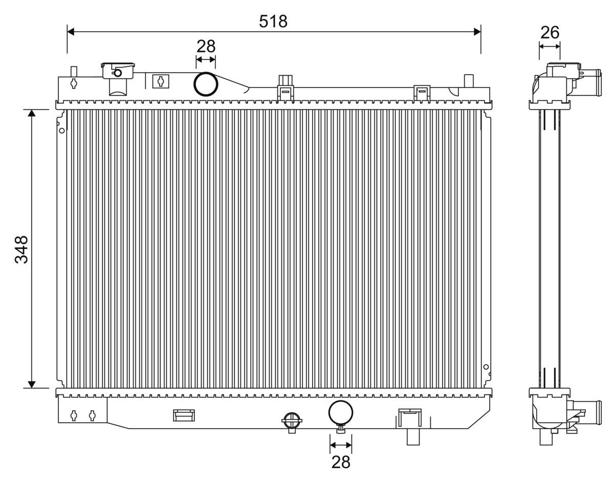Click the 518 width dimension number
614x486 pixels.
point(273,21)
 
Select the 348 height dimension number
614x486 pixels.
point(21,250)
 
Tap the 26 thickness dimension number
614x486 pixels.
point(550,33)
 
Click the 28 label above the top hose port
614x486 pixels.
point(206,46)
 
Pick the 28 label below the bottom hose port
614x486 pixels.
point(341,462)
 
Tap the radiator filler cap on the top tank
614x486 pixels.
point(118,70)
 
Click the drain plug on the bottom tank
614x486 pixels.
point(292,422)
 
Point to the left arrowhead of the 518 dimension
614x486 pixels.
point(71,32)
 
